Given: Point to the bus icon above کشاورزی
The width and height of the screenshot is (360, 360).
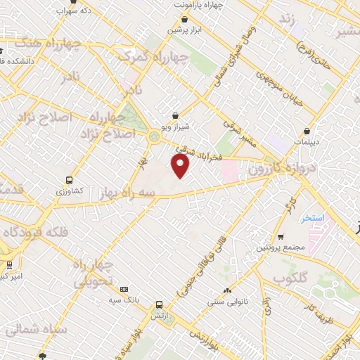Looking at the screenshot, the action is point(69,180).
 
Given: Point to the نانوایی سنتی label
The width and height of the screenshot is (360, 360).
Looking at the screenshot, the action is point(226,302).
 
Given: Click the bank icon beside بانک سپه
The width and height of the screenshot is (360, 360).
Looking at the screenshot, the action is point(124,288).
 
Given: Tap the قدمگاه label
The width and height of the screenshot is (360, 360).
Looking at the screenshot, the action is point(14,188).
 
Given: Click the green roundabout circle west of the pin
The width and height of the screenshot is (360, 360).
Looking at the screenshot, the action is point(153,138).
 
